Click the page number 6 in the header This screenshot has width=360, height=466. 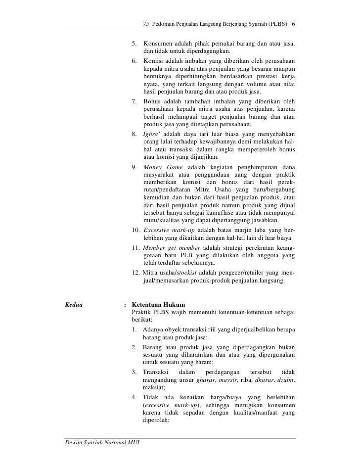(x=293, y=24)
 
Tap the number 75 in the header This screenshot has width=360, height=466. (x=146, y=24)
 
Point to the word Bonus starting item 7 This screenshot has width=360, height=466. (x=152, y=101)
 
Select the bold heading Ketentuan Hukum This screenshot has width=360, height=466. (x=159, y=303)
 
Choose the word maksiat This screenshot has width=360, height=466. (x=154, y=388)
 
